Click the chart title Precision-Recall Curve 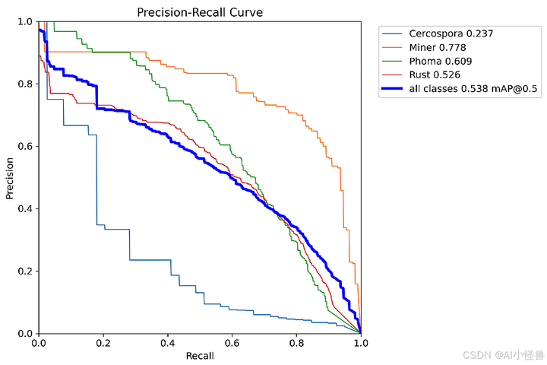pyautogui.click(x=199, y=12)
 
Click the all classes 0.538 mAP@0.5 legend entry pyautogui.click(x=473, y=89)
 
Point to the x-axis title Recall pyautogui.click(x=199, y=356)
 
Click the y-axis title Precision pyautogui.click(x=11, y=178)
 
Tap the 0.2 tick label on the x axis pyautogui.click(x=103, y=343)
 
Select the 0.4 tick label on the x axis pyautogui.click(x=167, y=343)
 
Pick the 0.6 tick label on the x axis pyautogui.click(x=232, y=343)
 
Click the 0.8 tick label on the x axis pyautogui.click(x=296, y=343)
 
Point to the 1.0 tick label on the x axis pyautogui.click(x=360, y=343)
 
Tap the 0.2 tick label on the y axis pyautogui.click(x=25, y=271)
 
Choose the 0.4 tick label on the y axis pyautogui.click(x=25, y=209)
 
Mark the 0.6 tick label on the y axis pyautogui.click(x=25, y=147)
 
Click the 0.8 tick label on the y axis pyautogui.click(x=25, y=84)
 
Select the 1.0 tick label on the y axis pyautogui.click(x=25, y=22)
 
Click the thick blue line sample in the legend pyautogui.click(x=393, y=89)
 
